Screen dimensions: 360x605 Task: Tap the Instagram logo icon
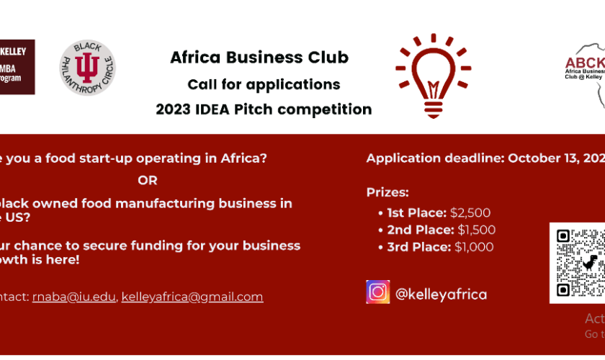coord(377,292)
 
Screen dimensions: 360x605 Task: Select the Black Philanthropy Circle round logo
coord(87,69)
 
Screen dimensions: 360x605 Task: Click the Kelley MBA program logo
coord(17,67)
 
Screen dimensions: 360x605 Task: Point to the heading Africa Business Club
coord(259,58)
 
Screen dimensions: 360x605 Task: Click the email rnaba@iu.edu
coord(73,297)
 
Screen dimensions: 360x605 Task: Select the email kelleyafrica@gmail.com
coord(192,297)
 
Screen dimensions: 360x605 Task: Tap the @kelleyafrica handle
coord(441,294)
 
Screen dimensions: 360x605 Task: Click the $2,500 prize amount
coord(470,212)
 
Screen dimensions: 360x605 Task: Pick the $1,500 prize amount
coord(475,230)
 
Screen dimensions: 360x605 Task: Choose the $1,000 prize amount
coord(474,247)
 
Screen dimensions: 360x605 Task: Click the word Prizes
coord(387,192)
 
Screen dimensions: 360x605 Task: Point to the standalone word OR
coord(148,180)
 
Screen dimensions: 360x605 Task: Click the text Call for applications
coord(264,84)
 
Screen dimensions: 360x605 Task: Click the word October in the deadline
coord(536,158)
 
